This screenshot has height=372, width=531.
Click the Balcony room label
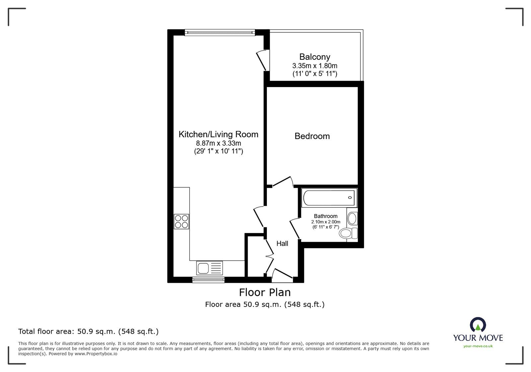pyautogui.click(x=315, y=57)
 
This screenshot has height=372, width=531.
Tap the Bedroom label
pyautogui.click(x=312, y=136)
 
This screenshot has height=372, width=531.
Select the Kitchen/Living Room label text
pyautogui.click(x=218, y=134)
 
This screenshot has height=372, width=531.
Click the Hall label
pyautogui.click(x=282, y=244)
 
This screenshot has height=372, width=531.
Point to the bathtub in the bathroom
pyautogui.click(x=329, y=197)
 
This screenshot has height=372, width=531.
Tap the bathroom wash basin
pyautogui.click(x=352, y=219)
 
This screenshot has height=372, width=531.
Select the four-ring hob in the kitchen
pyautogui.click(x=182, y=221)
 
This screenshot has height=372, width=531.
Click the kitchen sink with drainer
pyautogui.click(x=210, y=268)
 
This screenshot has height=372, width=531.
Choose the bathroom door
pyautogui.click(x=294, y=229)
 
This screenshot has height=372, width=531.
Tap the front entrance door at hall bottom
pyautogui.click(x=281, y=274)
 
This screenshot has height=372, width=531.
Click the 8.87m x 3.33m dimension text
pyautogui.click(x=218, y=144)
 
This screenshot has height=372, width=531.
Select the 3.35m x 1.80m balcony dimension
pyautogui.click(x=315, y=66)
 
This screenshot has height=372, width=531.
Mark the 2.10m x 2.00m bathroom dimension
pyautogui.click(x=326, y=222)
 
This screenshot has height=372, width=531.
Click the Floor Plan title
pyautogui.click(x=265, y=293)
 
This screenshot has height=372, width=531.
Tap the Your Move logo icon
pyautogui.click(x=478, y=325)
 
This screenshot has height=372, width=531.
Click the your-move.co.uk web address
pyautogui.click(x=478, y=346)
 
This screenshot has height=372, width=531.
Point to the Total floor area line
pyautogui.click(x=88, y=331)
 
